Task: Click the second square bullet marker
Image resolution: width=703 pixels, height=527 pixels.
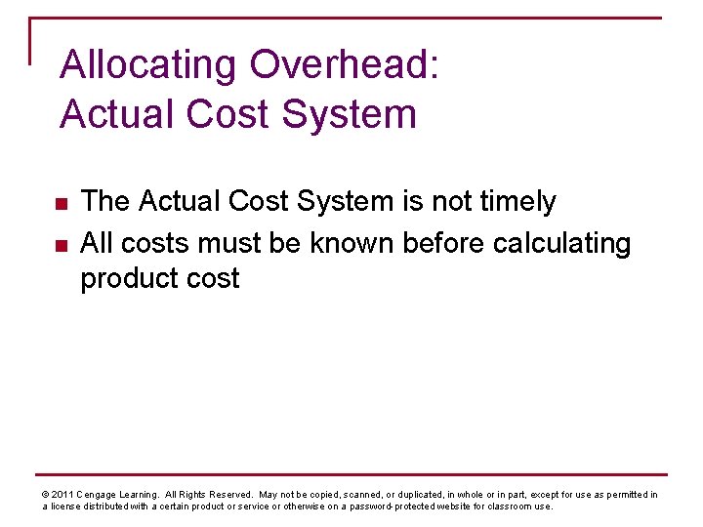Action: pyautogui.click(x=59, y=243)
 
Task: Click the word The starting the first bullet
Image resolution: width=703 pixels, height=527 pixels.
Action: pyautogui.click(x=105, y=202)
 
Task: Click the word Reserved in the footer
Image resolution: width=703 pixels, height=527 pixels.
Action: pyautogui.click(x=228, y=495)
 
